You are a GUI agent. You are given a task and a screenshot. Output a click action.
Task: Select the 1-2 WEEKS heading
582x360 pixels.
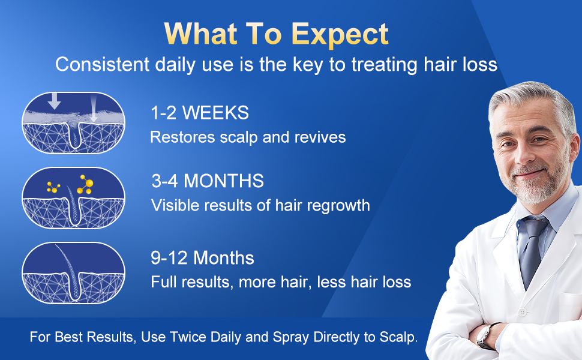click(x=199, y=112)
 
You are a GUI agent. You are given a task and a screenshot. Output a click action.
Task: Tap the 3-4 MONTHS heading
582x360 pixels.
click(x=207, y=181)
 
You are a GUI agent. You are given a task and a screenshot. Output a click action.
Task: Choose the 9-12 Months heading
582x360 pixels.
click(x=202, y=258)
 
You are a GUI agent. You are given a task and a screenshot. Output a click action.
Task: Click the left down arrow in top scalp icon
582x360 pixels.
click(x=55, y=101)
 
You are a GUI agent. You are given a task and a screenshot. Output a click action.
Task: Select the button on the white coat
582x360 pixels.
click(x=523, y=313)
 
